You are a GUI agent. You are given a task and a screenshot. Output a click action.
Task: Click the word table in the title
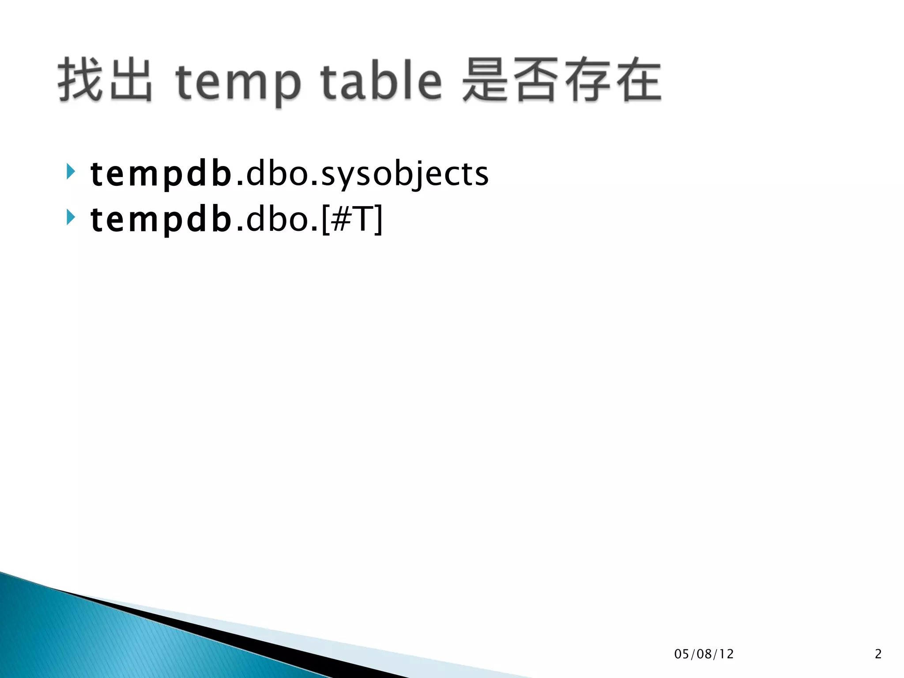(x=380, y=80)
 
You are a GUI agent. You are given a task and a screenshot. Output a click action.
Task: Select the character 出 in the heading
(x=131, y=80)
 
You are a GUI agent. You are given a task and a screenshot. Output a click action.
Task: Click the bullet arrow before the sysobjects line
(x=71, y=171)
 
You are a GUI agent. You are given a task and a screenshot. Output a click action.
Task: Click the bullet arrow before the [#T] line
(x=71, y=217)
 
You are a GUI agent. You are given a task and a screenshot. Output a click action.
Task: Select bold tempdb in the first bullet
(x=161, y=174)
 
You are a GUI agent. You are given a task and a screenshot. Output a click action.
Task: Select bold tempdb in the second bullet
(x=161, y=220)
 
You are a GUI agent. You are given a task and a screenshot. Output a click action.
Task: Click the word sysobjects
(x=404, y=174)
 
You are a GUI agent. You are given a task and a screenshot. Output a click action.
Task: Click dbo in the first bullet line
(x=277, y=173)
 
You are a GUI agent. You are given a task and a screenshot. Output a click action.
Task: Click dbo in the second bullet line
(x=277, y=219)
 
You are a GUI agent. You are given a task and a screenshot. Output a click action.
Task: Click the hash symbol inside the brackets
(x=340, y=219)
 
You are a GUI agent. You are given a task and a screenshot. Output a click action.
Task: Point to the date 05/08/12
(x=704, y=654)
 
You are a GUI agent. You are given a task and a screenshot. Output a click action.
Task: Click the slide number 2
(x=878, y=654)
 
